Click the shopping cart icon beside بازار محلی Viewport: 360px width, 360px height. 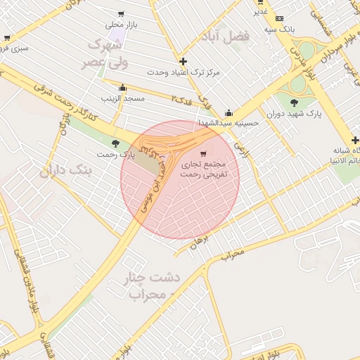(122, 13)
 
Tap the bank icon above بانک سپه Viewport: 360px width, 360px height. (280, 18)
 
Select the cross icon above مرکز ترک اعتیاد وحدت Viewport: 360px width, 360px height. (184, 61)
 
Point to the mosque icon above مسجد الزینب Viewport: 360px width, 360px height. (123, 88)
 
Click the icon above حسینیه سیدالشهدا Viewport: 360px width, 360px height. (229, 112)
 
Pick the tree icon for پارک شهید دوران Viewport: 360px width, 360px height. (294, 103)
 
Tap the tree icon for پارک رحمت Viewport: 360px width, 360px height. (116, 143)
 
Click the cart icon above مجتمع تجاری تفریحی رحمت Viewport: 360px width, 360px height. (203, 153)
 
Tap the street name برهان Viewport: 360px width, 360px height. (200, 244)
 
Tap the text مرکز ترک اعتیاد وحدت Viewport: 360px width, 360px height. (184, 72)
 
